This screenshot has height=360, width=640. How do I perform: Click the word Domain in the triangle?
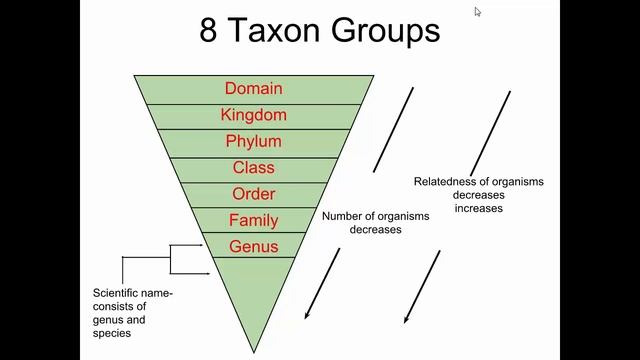tap(253, 89)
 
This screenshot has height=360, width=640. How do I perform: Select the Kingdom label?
tap(253, 115)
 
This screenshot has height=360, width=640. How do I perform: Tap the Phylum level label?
tap(253, 141)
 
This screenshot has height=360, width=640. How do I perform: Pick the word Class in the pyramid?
tap(253, 167)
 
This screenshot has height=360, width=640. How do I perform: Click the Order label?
tap(253, 194)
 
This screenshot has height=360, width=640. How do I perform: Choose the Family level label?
tap(253, 220)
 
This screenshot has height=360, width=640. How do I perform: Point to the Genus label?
tap(253, 246)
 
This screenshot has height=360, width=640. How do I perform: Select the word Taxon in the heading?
tap(273, 30)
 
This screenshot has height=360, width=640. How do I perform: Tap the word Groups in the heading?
tap(385, 30)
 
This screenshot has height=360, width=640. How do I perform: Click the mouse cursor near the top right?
tap(477, 11)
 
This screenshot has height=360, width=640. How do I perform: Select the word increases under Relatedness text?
tap(478, 209)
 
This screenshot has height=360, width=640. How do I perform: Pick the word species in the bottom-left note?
tap(112, 334)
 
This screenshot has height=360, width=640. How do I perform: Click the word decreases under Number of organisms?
tap(375, 230)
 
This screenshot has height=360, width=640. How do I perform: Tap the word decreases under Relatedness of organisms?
tap(478, 195)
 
